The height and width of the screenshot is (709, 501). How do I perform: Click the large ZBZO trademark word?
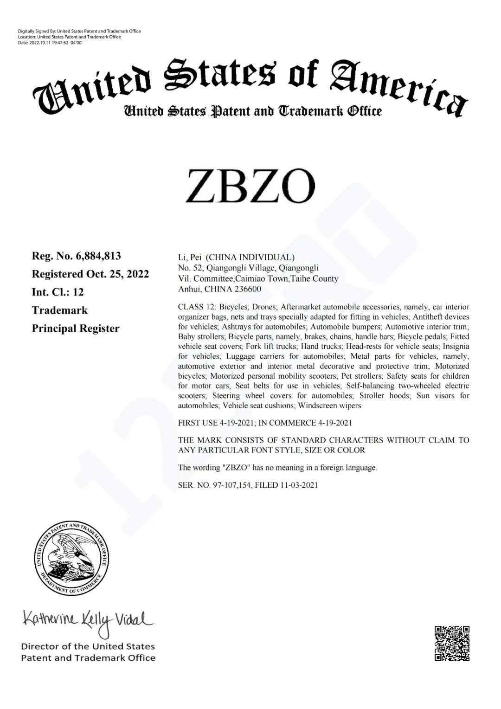pos(250,186)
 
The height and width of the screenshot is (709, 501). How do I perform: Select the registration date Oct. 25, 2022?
pos(118,274)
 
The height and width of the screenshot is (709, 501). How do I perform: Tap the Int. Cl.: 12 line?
pos(58,292)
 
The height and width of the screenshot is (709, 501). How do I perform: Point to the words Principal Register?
pos(76,328)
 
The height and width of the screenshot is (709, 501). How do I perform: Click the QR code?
pos(452,643)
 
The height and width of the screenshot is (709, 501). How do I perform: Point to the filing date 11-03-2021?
pos(299,485)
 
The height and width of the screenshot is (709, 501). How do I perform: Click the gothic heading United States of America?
pos(250,84)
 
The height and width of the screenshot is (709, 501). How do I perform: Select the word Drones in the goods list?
pos(264,307)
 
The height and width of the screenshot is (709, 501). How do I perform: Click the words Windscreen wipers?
pos(329,406)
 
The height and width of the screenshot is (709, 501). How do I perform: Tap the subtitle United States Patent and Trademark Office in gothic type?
pos(252,111)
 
